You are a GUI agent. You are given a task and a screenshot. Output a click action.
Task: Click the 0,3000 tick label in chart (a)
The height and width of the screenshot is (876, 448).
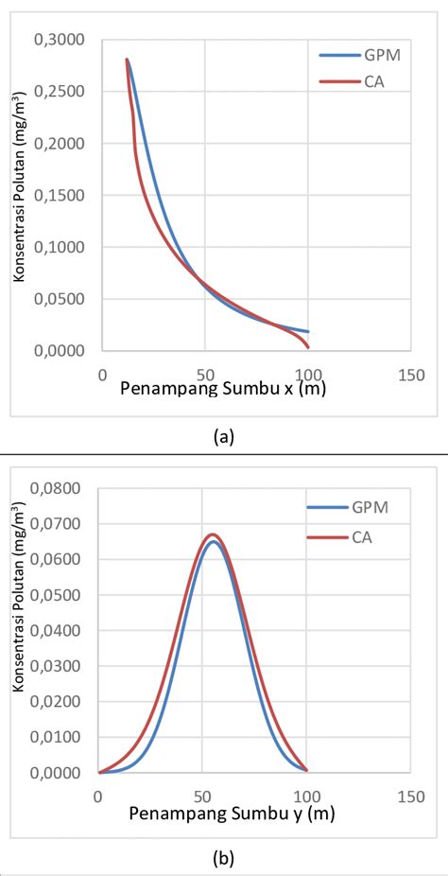[x=60, y=41]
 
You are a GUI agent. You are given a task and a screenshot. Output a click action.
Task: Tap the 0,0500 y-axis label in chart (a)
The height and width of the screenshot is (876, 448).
[x=60, y=299]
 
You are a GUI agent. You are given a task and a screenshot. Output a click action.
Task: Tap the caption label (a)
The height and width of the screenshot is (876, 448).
[x=224, y=436]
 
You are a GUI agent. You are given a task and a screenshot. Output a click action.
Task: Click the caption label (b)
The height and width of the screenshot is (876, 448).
[x=224, y=859]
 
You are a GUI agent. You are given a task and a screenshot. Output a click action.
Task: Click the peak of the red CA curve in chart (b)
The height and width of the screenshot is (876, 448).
[x=213, y=534]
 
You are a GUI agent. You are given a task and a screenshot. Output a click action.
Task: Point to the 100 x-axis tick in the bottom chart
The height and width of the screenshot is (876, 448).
[x=306, y=796]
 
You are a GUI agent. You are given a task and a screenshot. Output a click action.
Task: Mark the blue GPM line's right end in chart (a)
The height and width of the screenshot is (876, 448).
[x=307, y=332]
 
